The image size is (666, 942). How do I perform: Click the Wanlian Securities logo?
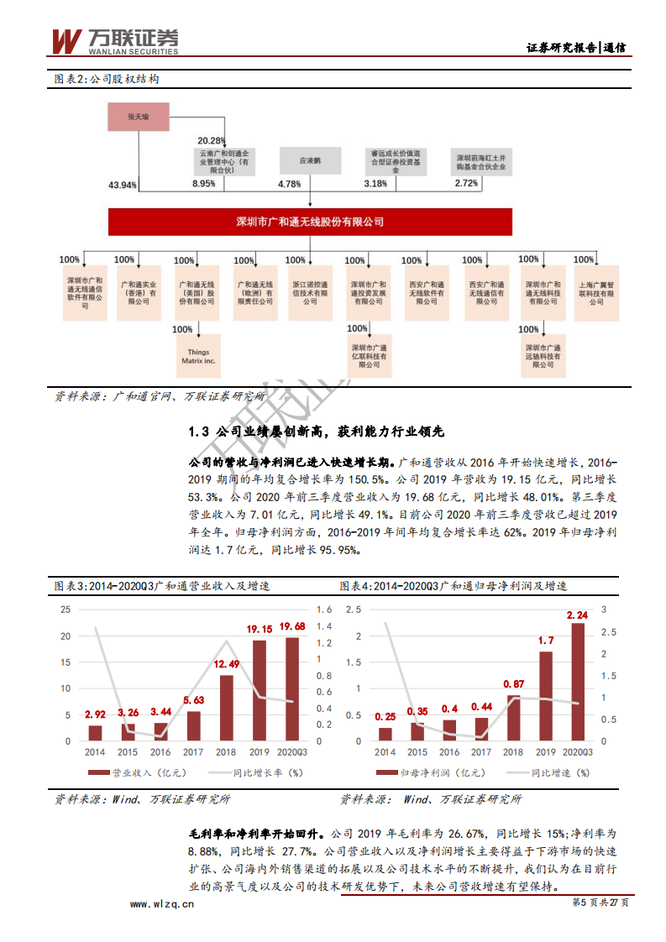point(116,39)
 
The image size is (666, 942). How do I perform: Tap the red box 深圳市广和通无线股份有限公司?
point(310,222)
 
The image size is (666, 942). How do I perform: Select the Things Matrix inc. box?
point(198,357)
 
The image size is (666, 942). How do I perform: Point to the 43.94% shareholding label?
point(123,184)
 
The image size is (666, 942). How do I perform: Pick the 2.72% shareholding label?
point(467,183)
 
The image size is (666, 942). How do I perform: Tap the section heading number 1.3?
point(198,432)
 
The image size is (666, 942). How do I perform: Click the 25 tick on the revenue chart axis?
point(65,610)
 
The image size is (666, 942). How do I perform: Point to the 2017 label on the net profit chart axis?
point(482,753)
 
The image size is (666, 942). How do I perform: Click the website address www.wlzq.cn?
point(161,904)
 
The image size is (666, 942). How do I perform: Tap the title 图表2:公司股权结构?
point(107,79)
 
